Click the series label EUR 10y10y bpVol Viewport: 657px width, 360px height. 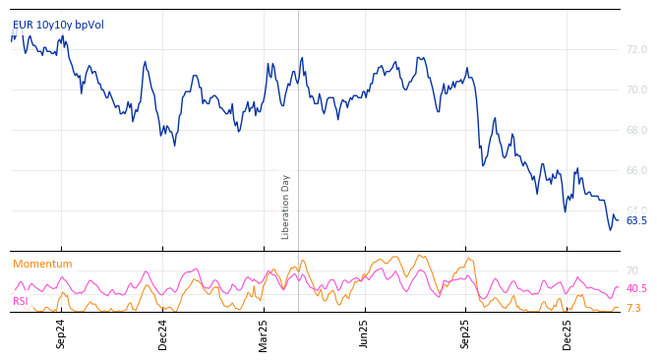[58, 26]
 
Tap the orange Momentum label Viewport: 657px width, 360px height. [42, 265]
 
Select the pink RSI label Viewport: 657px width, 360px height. [21, 301]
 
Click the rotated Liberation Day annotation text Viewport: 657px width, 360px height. [286, 207]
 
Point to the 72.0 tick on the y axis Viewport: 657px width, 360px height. [636, 49]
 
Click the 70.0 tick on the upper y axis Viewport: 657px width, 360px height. [636, 90]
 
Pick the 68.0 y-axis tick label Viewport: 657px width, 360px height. [636, 130]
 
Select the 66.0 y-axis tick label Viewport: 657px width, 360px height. [636, 170]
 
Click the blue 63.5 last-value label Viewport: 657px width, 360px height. [636, 220]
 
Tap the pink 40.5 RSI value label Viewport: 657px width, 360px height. [636, 289]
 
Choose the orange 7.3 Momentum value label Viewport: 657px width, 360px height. [633, 309]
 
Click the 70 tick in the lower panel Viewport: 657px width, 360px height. [631, 270]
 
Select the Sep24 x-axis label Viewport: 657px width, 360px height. [61, 333]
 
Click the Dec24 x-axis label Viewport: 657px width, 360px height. [163, 333]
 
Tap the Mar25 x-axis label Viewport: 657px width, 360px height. [264, 333]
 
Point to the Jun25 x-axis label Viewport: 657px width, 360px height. [365, 333]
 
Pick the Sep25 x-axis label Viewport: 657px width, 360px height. [465, 333]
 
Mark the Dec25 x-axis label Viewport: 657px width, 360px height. [567, 333]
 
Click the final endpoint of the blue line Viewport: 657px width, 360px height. [618, 219]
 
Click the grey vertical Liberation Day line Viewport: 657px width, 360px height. [298, 118]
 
